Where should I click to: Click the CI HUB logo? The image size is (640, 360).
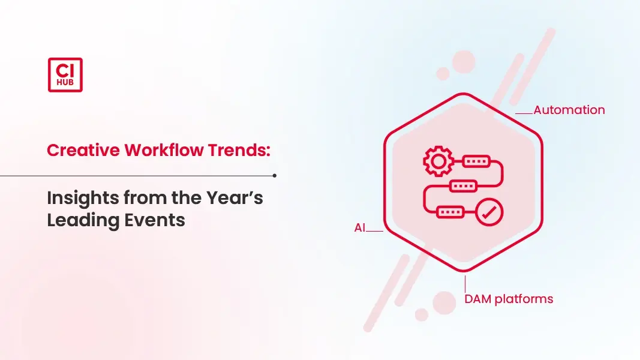[x=65, y=74]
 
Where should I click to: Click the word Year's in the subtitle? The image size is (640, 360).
[x=235, y=199]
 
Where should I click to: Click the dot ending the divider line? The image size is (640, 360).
[x=274, y=176]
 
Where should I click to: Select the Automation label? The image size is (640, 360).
[x=569, y=110]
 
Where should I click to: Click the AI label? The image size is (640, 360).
[x=360, y=228]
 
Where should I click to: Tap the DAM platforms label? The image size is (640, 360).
[x=509, y=299]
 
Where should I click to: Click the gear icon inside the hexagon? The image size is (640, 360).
[x=438, y=161]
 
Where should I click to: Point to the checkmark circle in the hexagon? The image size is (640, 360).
[x=489, y=212]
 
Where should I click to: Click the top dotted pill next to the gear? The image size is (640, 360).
[x=476, y=161]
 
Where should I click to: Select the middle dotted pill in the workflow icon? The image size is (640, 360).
[x=463, y=186]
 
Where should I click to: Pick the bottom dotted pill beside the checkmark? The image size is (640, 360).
[x=450, y=212]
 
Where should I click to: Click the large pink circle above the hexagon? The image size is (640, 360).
[x=464, y=62]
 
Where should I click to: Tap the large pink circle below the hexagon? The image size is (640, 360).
[x=444, y=303]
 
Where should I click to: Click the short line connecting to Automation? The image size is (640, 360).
[x=524, y=113]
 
